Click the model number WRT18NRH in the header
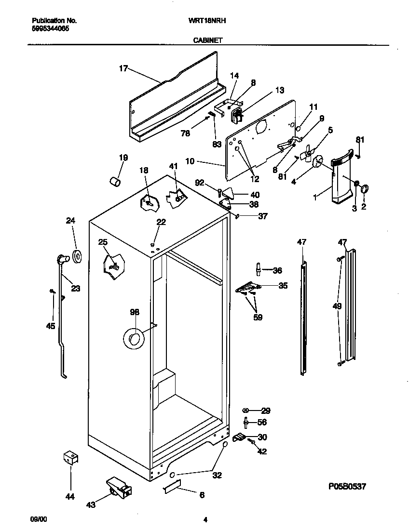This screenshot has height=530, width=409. [208, 21]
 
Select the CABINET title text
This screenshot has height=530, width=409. [208, 41]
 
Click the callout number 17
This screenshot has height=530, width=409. [123, 68]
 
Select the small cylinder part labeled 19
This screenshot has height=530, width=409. [115, 181]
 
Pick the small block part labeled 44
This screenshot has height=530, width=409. [71, 457]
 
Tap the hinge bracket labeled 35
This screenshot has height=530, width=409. [248, 288]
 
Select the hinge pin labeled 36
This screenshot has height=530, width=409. [259, 268]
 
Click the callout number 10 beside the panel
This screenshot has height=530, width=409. [190, 161]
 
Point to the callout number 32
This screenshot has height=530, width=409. [217, 475]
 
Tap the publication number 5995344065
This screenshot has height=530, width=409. [50, 28]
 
